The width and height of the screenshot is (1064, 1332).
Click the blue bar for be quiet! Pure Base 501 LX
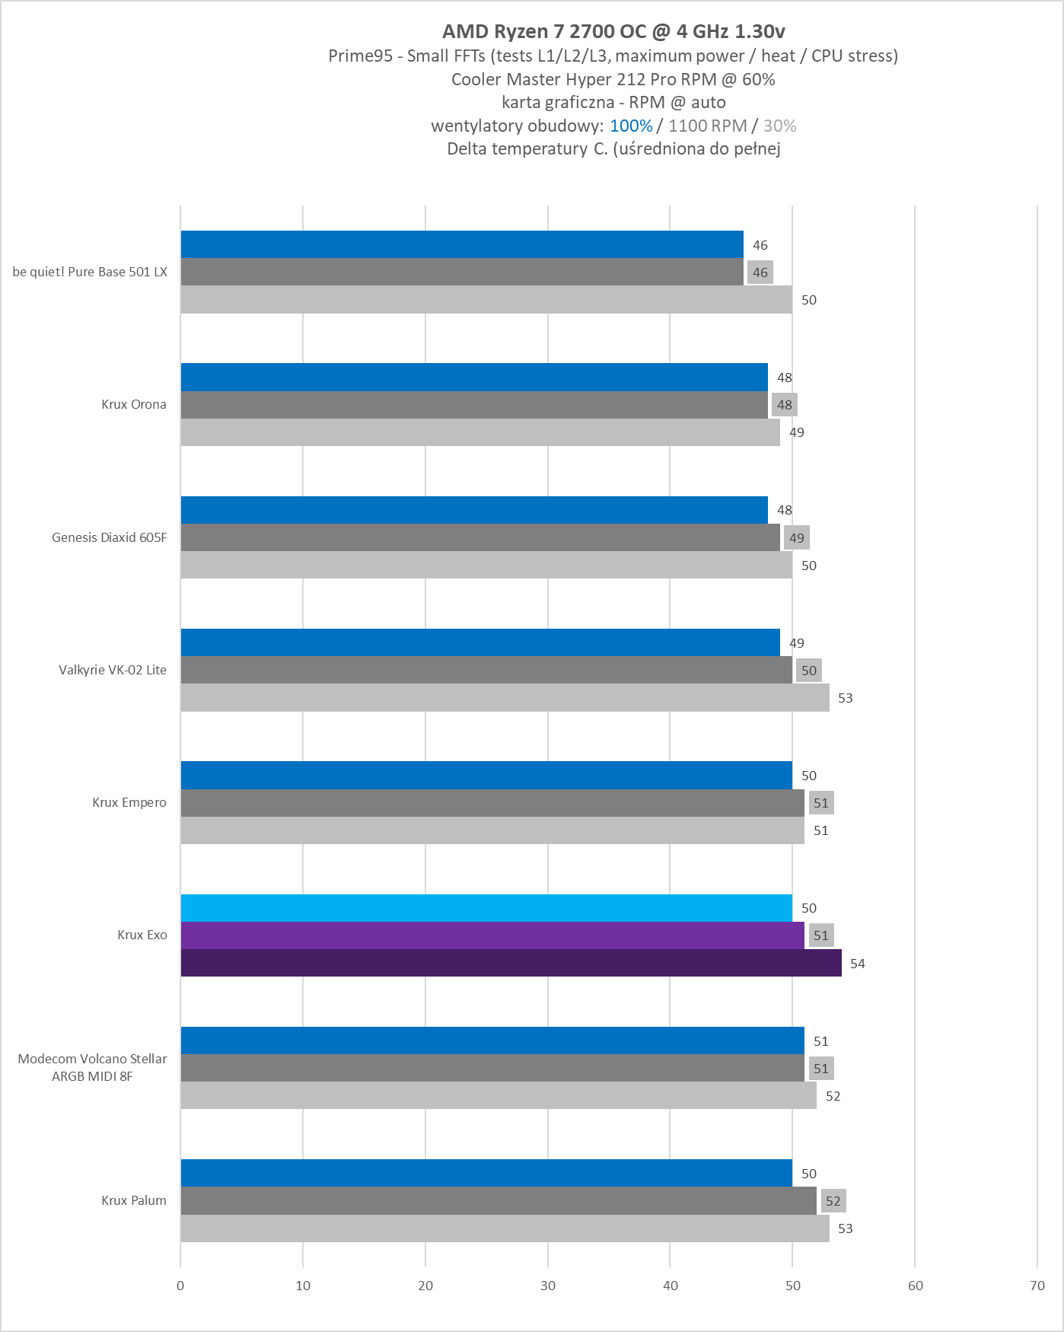coord(462,244)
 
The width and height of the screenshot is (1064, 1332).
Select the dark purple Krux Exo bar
coord(511,963)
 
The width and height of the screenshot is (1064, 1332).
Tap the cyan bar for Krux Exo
coord(486,908)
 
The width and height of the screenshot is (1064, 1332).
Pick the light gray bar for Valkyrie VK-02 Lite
coord(505,697)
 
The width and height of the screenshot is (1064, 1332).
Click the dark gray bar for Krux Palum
coord(499,1200)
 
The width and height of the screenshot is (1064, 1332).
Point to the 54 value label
coord(858,964)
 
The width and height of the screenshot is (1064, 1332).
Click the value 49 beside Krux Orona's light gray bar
coord(797,432)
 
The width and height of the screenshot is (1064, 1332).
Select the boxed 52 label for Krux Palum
coord(833,1201)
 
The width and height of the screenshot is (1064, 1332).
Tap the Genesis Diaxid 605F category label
coord(109,537)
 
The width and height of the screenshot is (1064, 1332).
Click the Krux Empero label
coord(129,802)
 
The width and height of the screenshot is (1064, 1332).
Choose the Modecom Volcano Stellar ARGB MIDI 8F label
coord(92,1067)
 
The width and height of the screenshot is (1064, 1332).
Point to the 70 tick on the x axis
coord(1037,1286)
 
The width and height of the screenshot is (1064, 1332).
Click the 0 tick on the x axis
coord(180,1286)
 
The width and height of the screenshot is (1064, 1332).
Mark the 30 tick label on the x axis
coord(548,1286)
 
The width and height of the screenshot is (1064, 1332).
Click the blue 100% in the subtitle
coord(631,126)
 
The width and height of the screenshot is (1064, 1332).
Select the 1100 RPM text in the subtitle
coord(708,126)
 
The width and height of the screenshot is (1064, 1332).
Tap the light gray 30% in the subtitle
coord(780,126)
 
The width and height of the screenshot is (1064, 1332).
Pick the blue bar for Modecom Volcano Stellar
coord(492,1040)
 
